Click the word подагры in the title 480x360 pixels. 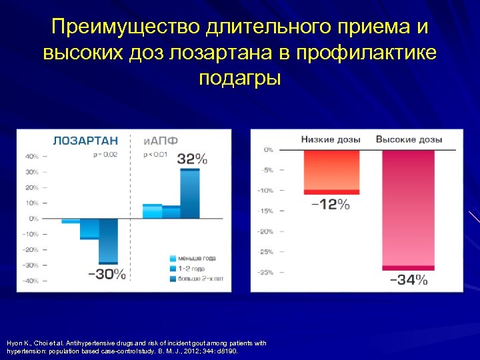tap(240, 77)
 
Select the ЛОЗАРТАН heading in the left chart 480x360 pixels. tap(85, 140)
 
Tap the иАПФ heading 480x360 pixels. tap(161, 140)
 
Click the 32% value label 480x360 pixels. tap(192, 159)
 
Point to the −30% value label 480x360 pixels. tap(106, 273)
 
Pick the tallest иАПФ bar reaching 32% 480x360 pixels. tap(190, 193)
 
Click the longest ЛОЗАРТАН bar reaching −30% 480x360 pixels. tap(108, 241)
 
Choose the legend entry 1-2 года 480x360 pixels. tap(193, 268)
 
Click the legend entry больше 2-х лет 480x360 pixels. tap(201, 279)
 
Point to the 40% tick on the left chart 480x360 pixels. tap(32, 156)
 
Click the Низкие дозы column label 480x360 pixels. tap(331, 139)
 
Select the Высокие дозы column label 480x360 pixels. tap(409, 139)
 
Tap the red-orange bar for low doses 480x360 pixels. tap(331, 171)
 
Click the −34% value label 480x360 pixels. tap(408, 280)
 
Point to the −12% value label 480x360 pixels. tap(331, 205)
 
